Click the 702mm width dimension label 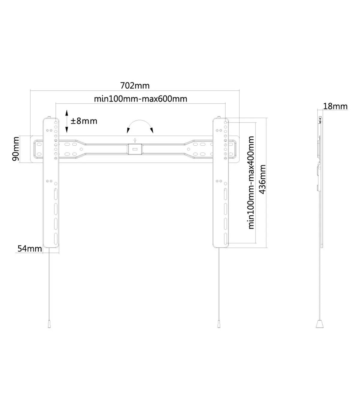135,86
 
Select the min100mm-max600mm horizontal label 141,99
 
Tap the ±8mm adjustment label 84,121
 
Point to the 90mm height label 16,149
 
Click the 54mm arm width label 30,249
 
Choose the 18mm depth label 335,106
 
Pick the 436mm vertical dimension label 263,179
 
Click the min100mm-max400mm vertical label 251,183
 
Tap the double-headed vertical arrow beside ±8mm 67,121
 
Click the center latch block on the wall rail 135,149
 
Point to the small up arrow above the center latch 135,140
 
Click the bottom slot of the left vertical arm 56,239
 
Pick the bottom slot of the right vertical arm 226,239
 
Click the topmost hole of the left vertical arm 56,123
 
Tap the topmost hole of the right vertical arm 226,123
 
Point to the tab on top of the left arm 49,117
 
